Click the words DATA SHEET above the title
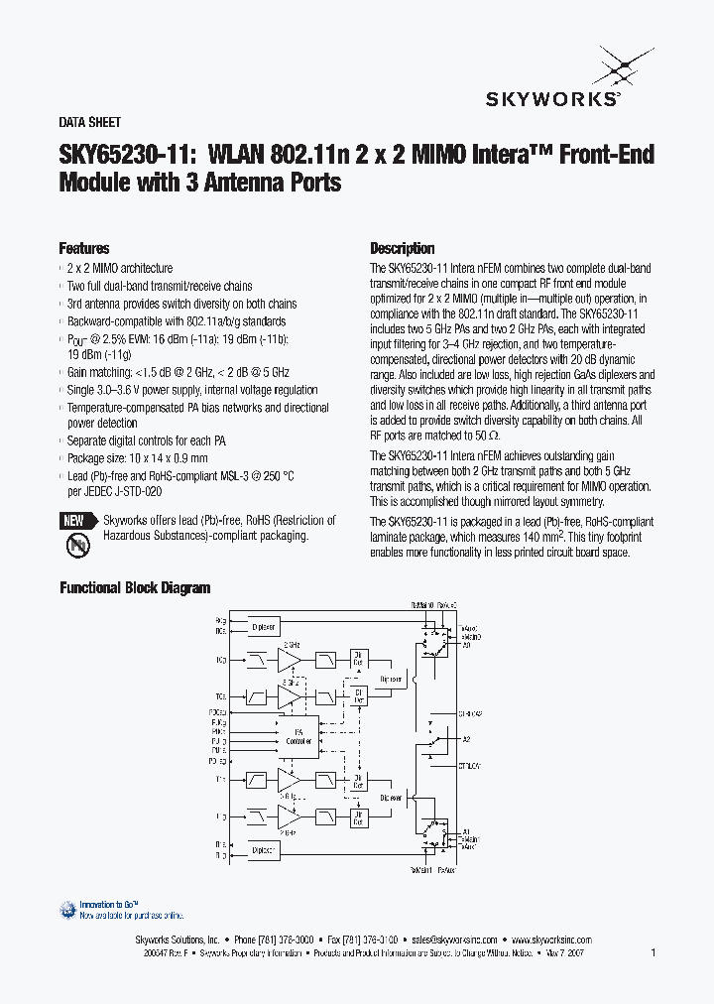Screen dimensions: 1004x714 pyautogui.click(x=90, y=123)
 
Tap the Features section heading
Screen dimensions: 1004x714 pyautogui.click(x=84, y=249)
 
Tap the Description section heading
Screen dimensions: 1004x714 pyautogui.click(x=402, y=249)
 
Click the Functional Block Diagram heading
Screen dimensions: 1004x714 pyautogui.click(x=135, y=587)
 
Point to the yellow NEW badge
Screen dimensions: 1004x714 pyautogui.click(x=74, y=521)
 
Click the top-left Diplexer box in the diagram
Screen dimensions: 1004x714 pyautogui.click(x=263, y=626)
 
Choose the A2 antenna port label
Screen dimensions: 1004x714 pyautogui.click(x=465, y=739)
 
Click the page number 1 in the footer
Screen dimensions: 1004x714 pyautogui.click(x=654, y=953)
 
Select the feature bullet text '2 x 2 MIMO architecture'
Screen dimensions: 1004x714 pyautogui.click(x=119, y=269)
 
